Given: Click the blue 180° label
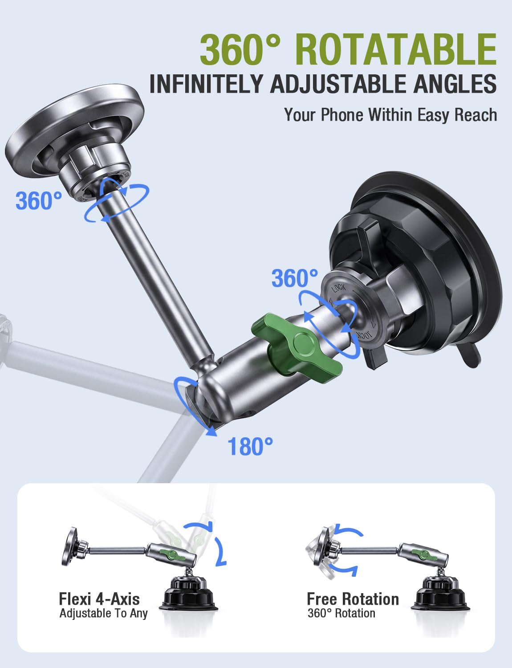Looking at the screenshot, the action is coord(250,446).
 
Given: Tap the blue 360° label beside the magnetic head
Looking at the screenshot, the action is coord(39,200).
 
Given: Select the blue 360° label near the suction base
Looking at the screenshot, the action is coord(295,278).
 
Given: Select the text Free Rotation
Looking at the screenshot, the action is coord(353,599).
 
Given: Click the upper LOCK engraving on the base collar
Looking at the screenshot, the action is coord(339,288).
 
